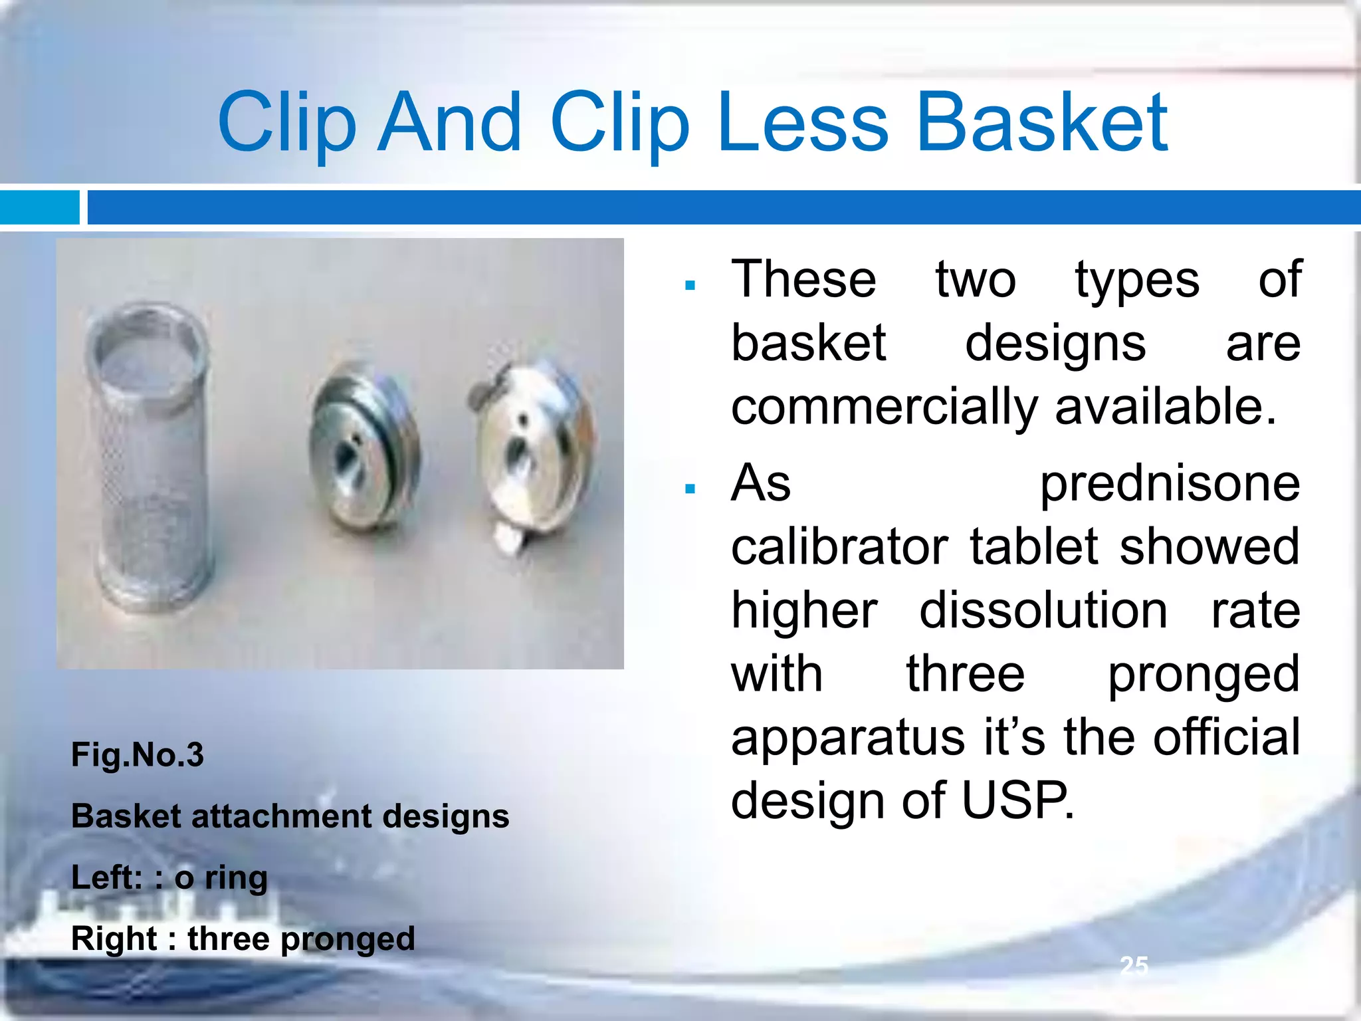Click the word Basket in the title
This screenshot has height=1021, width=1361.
[1041, 123]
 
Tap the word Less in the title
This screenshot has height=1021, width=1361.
[803, 123]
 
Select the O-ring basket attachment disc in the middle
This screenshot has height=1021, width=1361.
[362, 452]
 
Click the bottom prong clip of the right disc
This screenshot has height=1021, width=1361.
[508, 537]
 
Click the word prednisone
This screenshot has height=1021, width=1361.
[1170, 483]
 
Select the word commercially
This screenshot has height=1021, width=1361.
[884, 407]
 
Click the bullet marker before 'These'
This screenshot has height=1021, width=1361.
[690, 286]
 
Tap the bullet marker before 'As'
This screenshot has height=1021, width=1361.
[690, 489]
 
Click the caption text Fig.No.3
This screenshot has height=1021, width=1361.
[138, 755]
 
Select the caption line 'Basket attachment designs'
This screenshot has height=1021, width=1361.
[290, 816]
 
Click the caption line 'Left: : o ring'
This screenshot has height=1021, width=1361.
[169, 877]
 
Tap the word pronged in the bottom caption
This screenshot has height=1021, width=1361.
[348, 939]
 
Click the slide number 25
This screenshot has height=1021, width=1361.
[1133, 965]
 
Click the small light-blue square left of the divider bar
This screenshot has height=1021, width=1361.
[39, 207]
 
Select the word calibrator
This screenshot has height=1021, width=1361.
[839, 547]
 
